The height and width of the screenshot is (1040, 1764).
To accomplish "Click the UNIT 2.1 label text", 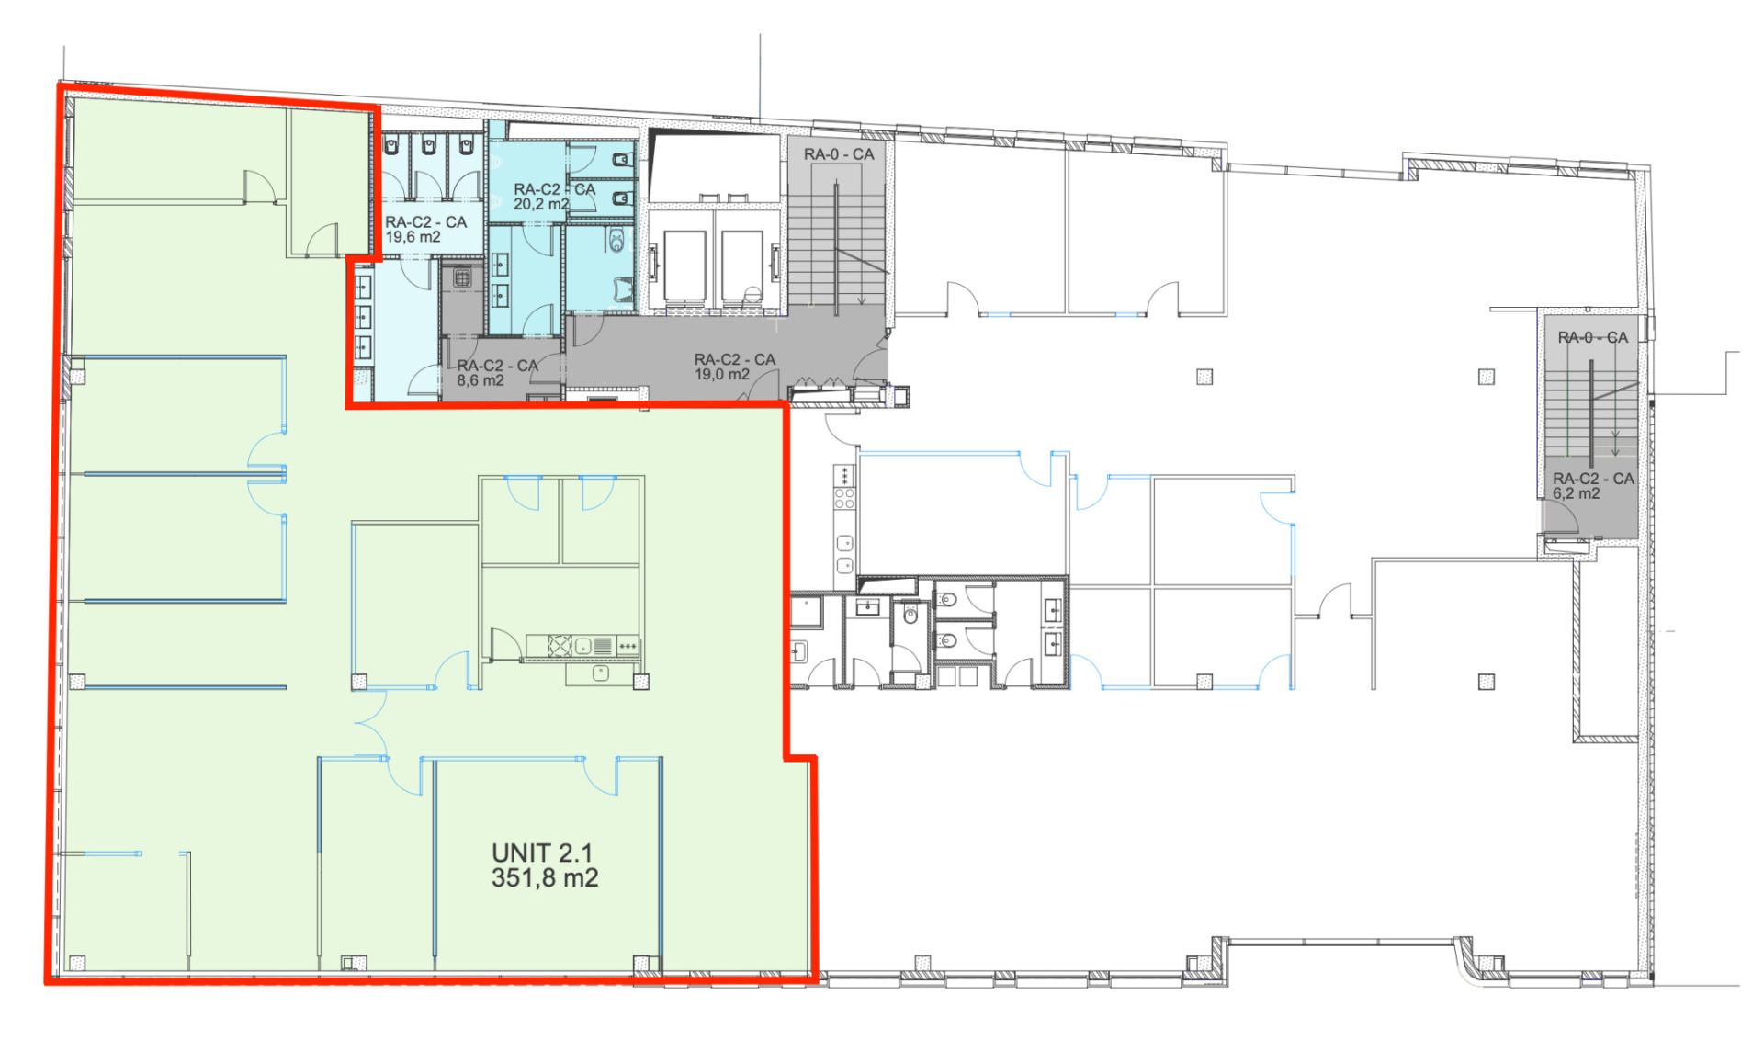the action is pos(542,853).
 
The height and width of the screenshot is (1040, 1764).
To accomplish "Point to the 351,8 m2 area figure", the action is pos(545,878).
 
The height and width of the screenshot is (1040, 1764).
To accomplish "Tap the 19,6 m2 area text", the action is pos(413,237).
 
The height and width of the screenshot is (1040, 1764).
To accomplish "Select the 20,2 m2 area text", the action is pos(541,204).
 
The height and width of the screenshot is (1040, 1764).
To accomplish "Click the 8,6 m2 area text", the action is pos(481,380).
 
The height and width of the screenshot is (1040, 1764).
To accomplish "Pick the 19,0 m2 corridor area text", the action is pos(722,375).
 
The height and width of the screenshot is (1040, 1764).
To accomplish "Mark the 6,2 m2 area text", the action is pos(1577,493).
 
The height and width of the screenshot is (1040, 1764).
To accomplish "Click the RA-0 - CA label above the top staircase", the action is pos(839,154).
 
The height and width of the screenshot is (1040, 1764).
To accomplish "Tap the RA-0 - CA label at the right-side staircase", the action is pos(1592,338).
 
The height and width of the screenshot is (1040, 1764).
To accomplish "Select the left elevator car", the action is pos(684,266).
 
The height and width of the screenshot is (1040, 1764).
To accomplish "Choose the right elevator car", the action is pos(742,266).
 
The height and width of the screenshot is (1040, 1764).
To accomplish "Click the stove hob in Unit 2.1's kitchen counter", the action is pos(560,646).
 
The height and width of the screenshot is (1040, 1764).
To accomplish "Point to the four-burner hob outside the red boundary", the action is pos(844,499).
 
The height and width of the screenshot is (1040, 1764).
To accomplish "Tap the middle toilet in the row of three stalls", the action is pos(429,145).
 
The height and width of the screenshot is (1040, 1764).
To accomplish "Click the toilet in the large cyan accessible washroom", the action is pos(616,241).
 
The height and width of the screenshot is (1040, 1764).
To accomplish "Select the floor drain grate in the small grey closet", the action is pos(462,277).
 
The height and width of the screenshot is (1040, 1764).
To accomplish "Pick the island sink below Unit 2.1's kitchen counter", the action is pos(601,673).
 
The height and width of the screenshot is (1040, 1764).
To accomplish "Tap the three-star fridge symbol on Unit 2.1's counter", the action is pos(628,646).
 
